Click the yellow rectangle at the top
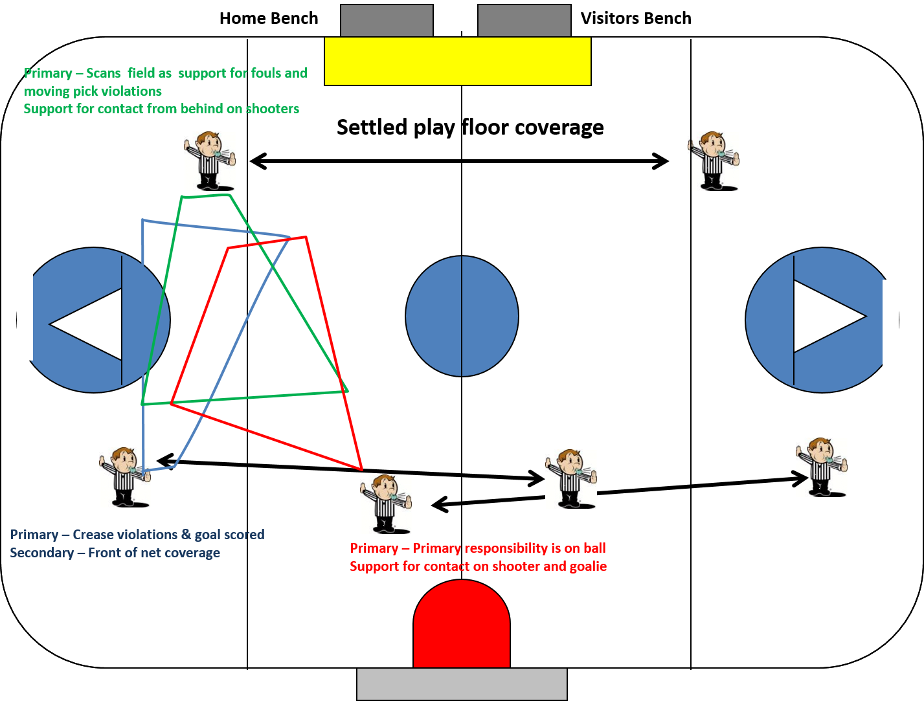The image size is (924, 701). click(457, 61)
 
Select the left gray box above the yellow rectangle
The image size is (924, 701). click(387, 21)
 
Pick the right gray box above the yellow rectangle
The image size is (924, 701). click(524, 21)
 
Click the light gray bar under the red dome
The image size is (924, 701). click(462, 684)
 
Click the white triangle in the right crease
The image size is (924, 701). click(826, 316)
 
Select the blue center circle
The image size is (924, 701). click(462, 316)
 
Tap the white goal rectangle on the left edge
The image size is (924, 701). click(25, 316)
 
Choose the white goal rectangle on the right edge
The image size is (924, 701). click(890, 324)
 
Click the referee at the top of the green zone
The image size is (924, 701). click(210, 161)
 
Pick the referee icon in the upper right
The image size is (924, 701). click(714, 161)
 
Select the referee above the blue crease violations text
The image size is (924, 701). click(125, 476)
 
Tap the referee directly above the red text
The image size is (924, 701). click(386, 504)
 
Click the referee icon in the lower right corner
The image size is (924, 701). click(821, 467)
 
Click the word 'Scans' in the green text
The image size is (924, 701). click(103, 73)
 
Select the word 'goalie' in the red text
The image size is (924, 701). click(588, 566)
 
